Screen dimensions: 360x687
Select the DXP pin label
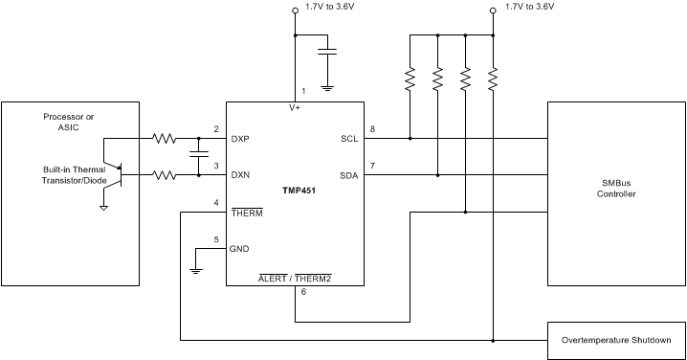(241, 139)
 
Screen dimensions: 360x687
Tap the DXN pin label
(241, 175)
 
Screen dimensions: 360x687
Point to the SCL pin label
(348, 139)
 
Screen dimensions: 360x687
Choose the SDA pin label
(348, 175)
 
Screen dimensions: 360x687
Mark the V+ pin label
(295, 108)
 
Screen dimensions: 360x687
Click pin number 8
(372, 128)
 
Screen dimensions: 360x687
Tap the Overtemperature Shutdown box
(616, 340)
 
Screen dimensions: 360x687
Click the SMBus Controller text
(616, 188)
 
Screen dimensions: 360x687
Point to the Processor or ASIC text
(69, 122)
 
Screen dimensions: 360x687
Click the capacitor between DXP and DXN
(198, 156)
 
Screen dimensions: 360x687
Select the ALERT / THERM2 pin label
(296, 279)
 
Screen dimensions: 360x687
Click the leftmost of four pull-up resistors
(410, 78)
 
